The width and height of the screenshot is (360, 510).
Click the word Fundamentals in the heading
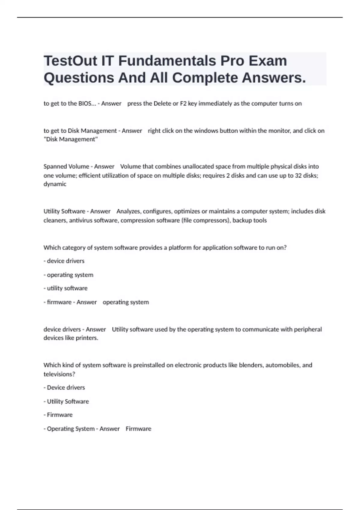tap(167, 61)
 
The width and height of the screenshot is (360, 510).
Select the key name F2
tap(183, 103)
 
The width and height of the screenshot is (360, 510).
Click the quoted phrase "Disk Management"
tap(70, 139)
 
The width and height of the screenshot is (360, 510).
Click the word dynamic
tap(55, 184)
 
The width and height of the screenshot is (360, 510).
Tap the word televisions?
tap(59, 374)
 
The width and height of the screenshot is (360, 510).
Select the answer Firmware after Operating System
tap(138, 429)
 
